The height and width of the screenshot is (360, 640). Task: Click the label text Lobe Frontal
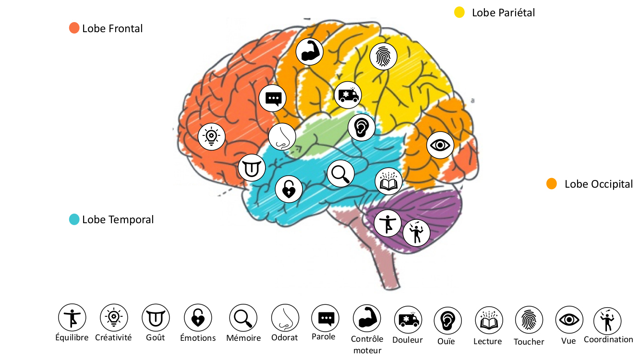[112, 28]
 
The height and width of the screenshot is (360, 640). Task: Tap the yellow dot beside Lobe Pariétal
[459, 12]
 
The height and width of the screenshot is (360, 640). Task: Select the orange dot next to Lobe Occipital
[552, 184]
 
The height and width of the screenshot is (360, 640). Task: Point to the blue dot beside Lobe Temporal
[74, 219]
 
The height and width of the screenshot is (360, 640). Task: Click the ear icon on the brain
[362, 127]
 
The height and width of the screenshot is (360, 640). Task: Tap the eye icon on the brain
[440, 145]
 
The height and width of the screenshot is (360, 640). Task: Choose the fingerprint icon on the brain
[383, 57]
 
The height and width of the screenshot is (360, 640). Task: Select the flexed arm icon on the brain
[309, 51]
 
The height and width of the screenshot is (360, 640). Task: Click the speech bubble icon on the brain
[273, 98]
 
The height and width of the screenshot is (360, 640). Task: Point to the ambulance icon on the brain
[348, 95]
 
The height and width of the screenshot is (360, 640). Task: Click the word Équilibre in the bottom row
[72, 337]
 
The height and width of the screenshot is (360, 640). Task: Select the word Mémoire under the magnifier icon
[243, 338]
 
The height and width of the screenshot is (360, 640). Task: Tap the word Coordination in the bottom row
[608, 339]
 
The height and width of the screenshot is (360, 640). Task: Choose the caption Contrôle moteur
[367, 344]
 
